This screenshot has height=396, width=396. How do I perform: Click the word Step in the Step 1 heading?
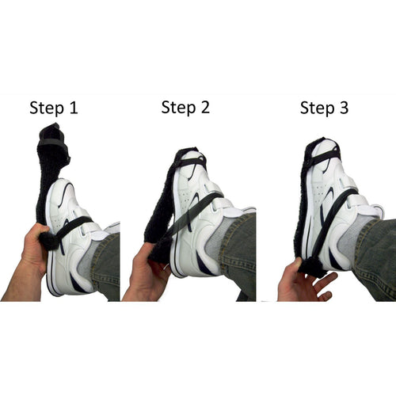click(x=47, y=109)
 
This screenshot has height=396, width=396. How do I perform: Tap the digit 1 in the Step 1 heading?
click(x=74, y=108)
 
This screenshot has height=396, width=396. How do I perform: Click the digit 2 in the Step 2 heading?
click(x=205, y=107)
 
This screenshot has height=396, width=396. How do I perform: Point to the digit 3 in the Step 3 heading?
click(x=344, y=108)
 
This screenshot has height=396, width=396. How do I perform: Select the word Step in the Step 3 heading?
click(x=317, y=109)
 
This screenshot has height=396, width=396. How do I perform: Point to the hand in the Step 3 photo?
click(x=303, y=283)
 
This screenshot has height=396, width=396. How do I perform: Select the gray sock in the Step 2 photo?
click(x=215, y=236)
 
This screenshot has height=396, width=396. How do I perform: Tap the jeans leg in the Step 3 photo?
click(x=375, y=259)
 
